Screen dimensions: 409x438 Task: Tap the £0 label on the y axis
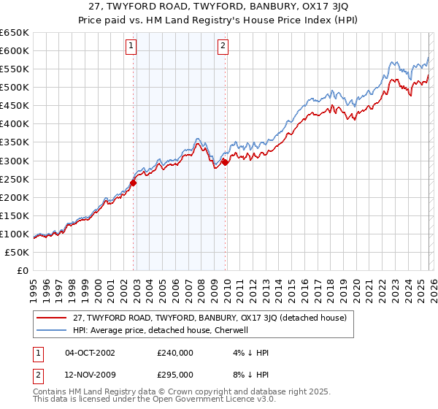coord(22,271)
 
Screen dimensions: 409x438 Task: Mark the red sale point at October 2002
coord(134,183)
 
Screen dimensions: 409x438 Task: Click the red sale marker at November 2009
coord(225,163)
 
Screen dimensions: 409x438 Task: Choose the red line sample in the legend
coord(52,318)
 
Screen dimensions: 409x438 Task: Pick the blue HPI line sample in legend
coord(52,330)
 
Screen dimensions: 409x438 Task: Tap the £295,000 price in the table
coord(174,374)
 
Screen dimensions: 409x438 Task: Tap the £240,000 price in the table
coord(174,353)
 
